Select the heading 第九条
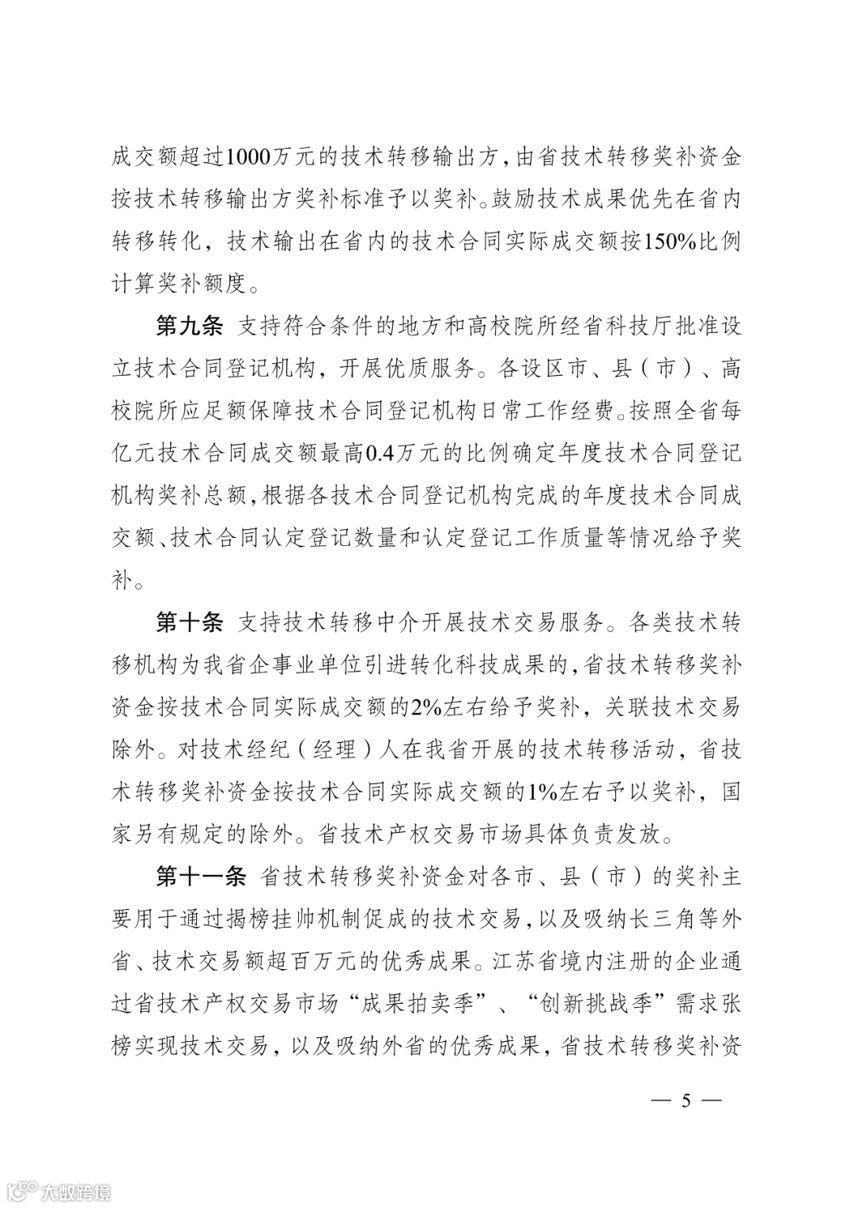[190, 326]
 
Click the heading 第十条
[190, 623]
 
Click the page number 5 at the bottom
[686, 1101]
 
